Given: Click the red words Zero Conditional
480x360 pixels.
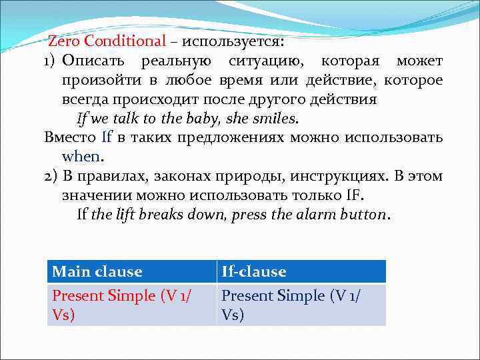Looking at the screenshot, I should pos(107,41).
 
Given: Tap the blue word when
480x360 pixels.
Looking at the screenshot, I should pos(81,157).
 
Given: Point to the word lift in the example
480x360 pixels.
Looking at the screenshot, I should pos(135,215).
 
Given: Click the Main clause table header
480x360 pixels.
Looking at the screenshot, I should pos(97,271).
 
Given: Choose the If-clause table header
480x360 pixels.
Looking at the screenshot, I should pos(254,271).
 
